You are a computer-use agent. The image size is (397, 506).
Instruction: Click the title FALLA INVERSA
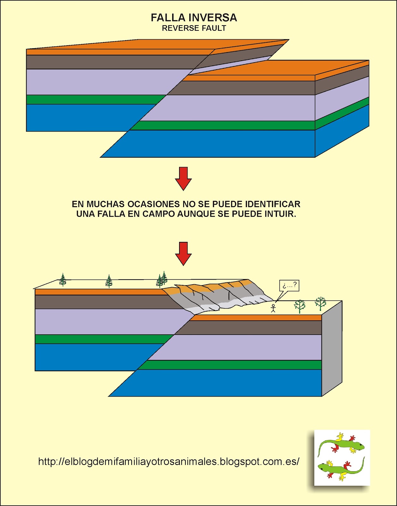coord(194,18)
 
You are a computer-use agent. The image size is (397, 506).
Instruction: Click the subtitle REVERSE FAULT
coord(194,28)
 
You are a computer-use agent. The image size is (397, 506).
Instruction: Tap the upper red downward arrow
coord(183,178)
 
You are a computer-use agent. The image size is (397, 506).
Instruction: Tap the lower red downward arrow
coord(183,253)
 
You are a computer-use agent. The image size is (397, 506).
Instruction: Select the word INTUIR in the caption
coord(280,214)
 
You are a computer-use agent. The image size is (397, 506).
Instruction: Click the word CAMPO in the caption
coord(159,214)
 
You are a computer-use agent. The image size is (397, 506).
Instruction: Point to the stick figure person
coord(273,308)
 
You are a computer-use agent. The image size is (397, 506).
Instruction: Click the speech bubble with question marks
coord(289,286)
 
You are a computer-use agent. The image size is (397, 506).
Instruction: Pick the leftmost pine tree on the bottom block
coord(63,280)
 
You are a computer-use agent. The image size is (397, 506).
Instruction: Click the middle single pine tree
coord(109,281)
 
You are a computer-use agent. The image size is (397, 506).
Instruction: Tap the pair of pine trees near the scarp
coord(162,279)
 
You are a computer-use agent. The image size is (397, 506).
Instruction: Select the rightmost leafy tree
coord(320,303)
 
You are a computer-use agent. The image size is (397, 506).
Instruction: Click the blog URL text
coord(169,461)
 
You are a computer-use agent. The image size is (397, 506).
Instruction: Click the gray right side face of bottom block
coord(332,348)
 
